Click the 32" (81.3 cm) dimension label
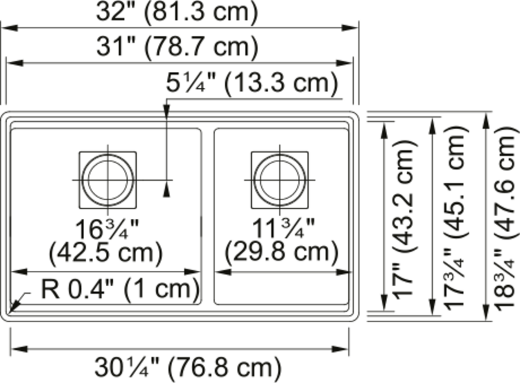click(x=178, y=12)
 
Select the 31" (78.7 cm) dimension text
click(x=179, y=47)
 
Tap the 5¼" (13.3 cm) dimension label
click(x=252, y=84)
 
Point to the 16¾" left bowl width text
click(x=107, y=227)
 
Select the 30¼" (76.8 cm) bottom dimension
click(x=187, y=365)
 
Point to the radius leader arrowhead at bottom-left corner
click(x=14, y=305)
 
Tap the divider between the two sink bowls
click(x=207, y=215)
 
